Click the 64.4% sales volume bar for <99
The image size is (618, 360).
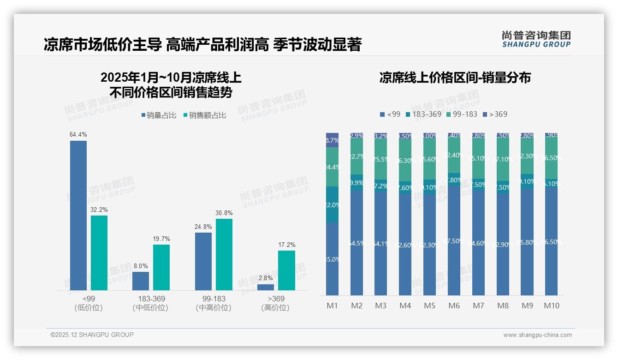pyautogui.click(x=78, y=216)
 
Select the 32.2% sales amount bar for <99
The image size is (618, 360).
pyautogui.click(x=99, y=253)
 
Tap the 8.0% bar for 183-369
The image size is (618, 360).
pyautogui.click(x=141, y=281)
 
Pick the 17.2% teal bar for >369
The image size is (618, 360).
pyautogui.click(x=286, y=270)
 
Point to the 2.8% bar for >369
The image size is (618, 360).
pyautogui.click(x=266, y=287)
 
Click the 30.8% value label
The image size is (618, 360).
pyautogui.click(x=224, y=213)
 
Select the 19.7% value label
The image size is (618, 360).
pyautogui.click(x=161, y=239)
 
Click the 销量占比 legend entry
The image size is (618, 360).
pyautogui.click(x=158, y=115)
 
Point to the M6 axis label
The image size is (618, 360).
pyautogui.click(x=454, y=306)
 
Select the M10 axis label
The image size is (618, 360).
pyautogui.click(x=552, y=306)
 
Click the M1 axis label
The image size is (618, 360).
pyautogui.click(x=333, y=306)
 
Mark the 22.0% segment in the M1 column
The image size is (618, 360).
pyautogui.click(x=333, y=205)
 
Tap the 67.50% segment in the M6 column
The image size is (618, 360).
pyautogui.click(x=454, y=240)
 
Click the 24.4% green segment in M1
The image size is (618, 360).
pyautogui.click(x=333, y=167)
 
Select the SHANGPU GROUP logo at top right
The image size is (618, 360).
pyautogui.click(x=536, y=39)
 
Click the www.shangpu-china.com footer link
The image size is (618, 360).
pyautogui.click(x=537, y=335)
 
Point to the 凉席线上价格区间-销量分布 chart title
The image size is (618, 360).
pyautogui.click(x=455, y=78)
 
